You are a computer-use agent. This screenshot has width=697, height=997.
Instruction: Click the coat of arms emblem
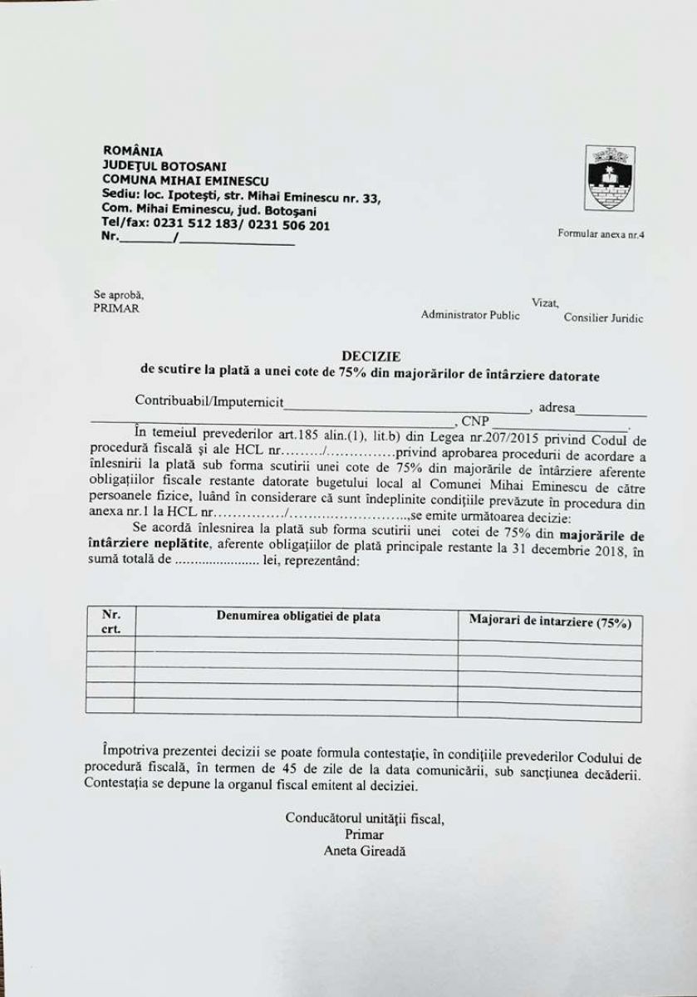tap(610, 177)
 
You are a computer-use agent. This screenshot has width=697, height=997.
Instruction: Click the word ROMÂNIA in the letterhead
tap(133, 151)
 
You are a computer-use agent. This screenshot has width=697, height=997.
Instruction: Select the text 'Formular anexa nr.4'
tap(601, 234)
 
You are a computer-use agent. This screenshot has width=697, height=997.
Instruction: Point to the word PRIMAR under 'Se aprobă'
tap(116, 308)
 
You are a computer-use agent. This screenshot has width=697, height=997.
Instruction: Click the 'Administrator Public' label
tap(470, 315)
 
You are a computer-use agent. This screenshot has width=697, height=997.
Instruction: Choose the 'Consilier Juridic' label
tap(603, 317)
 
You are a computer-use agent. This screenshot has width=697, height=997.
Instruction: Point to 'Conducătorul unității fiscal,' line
tap(365, 818)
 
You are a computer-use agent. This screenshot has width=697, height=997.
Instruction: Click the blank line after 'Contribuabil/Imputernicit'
tap(407, 409)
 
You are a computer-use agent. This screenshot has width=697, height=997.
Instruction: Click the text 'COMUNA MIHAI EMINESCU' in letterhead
tap(185, 179)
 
